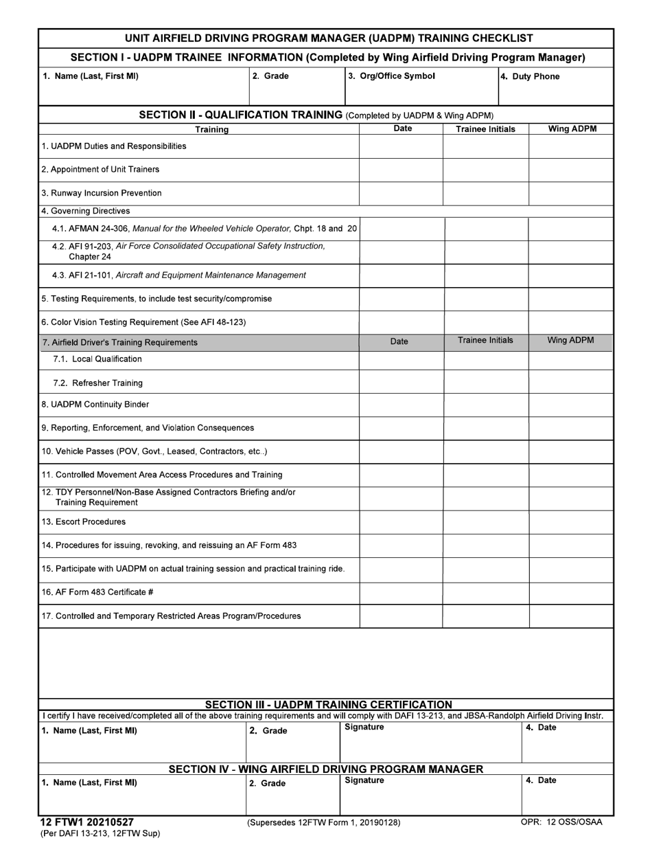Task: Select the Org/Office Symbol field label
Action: coord(391,76)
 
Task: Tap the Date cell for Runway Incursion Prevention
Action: coord(401,194)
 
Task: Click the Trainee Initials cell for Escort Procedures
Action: coord(485,522)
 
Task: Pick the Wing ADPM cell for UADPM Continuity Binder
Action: coord(570,405)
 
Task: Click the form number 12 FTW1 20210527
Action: coord(86,822)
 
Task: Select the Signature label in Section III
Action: coord(364,728)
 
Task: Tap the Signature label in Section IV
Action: coord(364,780)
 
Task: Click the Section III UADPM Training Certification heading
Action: coord(329,704)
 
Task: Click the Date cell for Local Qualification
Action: coord(401,359)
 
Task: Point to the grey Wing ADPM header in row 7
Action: coord(570,341)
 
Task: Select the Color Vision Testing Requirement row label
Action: coord(143,322)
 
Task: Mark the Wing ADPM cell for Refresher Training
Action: coord(570,383)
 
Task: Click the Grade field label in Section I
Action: coord(270,76)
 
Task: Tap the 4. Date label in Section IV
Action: coord(541,780)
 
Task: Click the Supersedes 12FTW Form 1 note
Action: coord(323,822)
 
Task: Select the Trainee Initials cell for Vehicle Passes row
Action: coord(485,451)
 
